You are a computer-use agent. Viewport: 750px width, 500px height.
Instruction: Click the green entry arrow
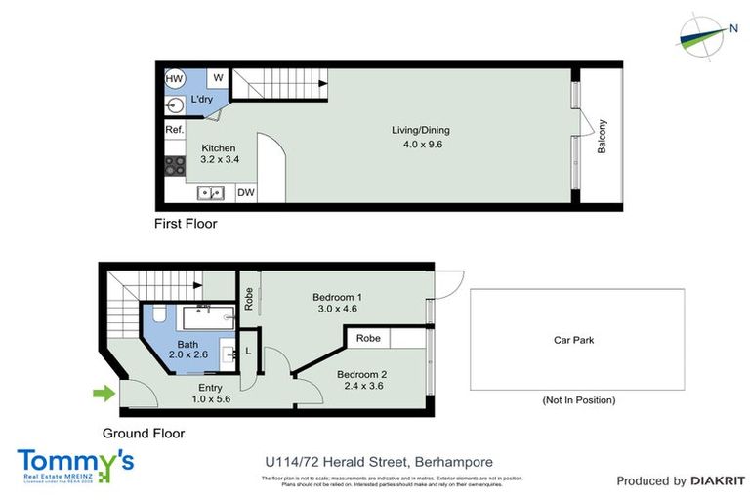[x=103, y=395]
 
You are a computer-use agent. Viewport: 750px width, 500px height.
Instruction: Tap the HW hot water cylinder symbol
[x=174, y=78]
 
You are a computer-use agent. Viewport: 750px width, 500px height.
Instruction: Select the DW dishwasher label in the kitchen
[x=246, y=192]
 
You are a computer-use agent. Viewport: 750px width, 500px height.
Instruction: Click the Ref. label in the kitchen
[x=174, y=130]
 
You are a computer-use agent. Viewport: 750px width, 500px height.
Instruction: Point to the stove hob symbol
[x=175, y=165]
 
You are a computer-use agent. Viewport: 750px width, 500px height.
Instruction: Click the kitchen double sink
[x=210, y=192]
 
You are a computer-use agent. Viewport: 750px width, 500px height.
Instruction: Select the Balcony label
[x=603, y=137]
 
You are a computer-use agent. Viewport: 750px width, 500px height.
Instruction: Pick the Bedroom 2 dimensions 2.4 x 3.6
[x=362, y=387]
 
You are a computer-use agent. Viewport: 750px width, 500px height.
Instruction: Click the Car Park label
[x=574, y=341]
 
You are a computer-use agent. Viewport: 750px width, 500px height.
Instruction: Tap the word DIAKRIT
[x=718, y=481]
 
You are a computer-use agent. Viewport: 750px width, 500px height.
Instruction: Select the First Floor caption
[x=186, y=224]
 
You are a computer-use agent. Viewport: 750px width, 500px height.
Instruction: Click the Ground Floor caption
[x=144, y=434]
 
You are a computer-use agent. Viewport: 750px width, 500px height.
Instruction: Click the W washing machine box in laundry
[x=217, y=78]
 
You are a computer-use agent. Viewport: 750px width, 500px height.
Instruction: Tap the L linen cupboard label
[x=248, y=351]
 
